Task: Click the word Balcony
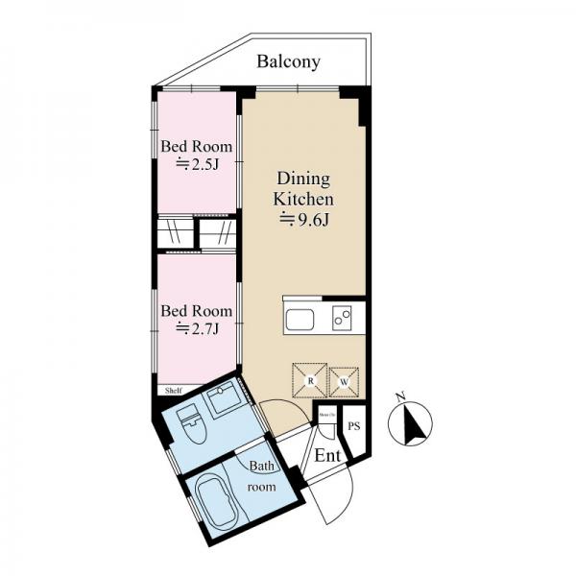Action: (x=288, y=62)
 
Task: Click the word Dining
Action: (x=303, y=179)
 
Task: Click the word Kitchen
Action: (x=304, y=200)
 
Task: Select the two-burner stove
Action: (x=343, y=319)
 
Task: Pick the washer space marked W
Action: (x=344, y=381)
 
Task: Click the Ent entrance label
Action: (x=327, y=454)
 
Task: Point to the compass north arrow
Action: (x=411, y=423)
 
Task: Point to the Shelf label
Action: (x=173, y=391)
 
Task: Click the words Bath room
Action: (x=262, y=477)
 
